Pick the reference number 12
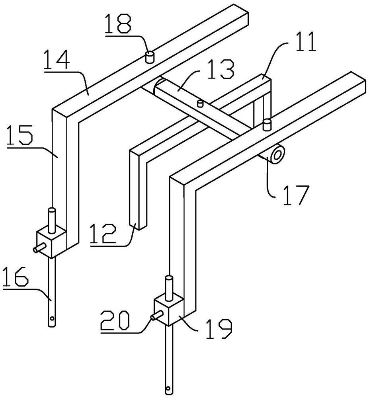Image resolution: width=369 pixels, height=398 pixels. [x=104, y=235]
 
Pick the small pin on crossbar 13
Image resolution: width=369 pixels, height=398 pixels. [x=200, y=103]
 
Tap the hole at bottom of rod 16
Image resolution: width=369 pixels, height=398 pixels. [x=52, y=318]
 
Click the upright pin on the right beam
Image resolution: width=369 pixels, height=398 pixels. [x=267, y=124]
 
